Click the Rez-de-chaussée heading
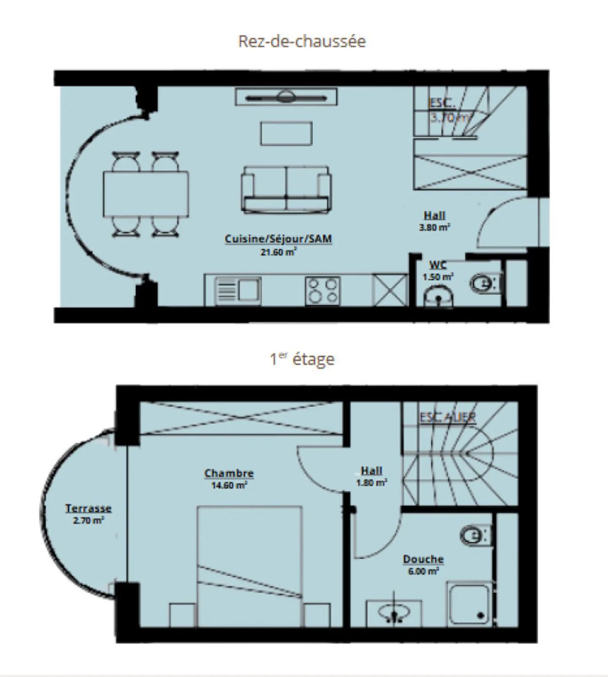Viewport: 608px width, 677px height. click(x=302, y=41)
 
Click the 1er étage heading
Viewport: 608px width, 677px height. click(x=302, y=359)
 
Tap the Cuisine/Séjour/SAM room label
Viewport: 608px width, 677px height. click(x=278, y=239)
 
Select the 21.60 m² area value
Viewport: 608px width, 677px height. click(x=278, y=252)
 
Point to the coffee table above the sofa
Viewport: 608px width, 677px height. click(x=286, y=133)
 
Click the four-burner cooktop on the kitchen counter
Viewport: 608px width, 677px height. click(x=323, y=290)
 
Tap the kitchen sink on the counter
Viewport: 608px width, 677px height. click(x=238, y=290)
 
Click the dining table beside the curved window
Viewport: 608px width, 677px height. click(x=146, y=194)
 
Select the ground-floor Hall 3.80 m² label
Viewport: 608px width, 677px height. click(x=434, y=221)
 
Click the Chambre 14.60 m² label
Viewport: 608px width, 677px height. click(x=229, y=479)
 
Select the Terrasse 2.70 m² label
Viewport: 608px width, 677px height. click(x=88, y=514)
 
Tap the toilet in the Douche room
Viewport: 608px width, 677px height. click(x=473, y=536)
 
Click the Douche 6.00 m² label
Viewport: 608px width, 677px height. click(x=423, y=564)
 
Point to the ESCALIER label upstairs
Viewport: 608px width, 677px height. click(x=448, y=417)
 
